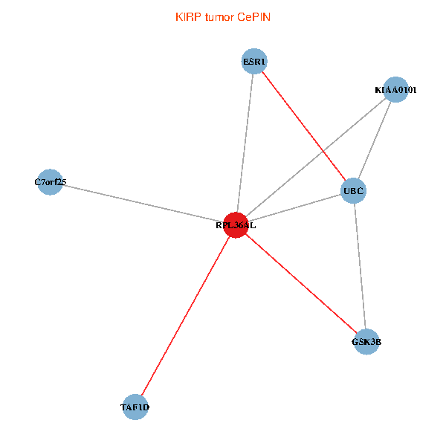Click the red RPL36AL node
tap(236, 225)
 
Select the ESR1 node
tap(254, 62)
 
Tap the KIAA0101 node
tap(395, 90)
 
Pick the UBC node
tap(354, 190)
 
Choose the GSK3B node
tap(366, 342)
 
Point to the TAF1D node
tap(135, 407)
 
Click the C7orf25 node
tap(50, 182)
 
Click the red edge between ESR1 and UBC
tap(304, 126)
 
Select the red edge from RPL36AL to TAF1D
tap(185, 316)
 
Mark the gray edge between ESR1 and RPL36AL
tap(245, 143)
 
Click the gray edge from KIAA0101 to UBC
tap(375, 140)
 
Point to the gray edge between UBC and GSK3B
tap(360, 266)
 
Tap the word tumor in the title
tap(219, 17)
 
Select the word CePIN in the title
tap(253, 17)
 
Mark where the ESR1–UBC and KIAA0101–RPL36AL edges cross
tap(323, 151)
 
